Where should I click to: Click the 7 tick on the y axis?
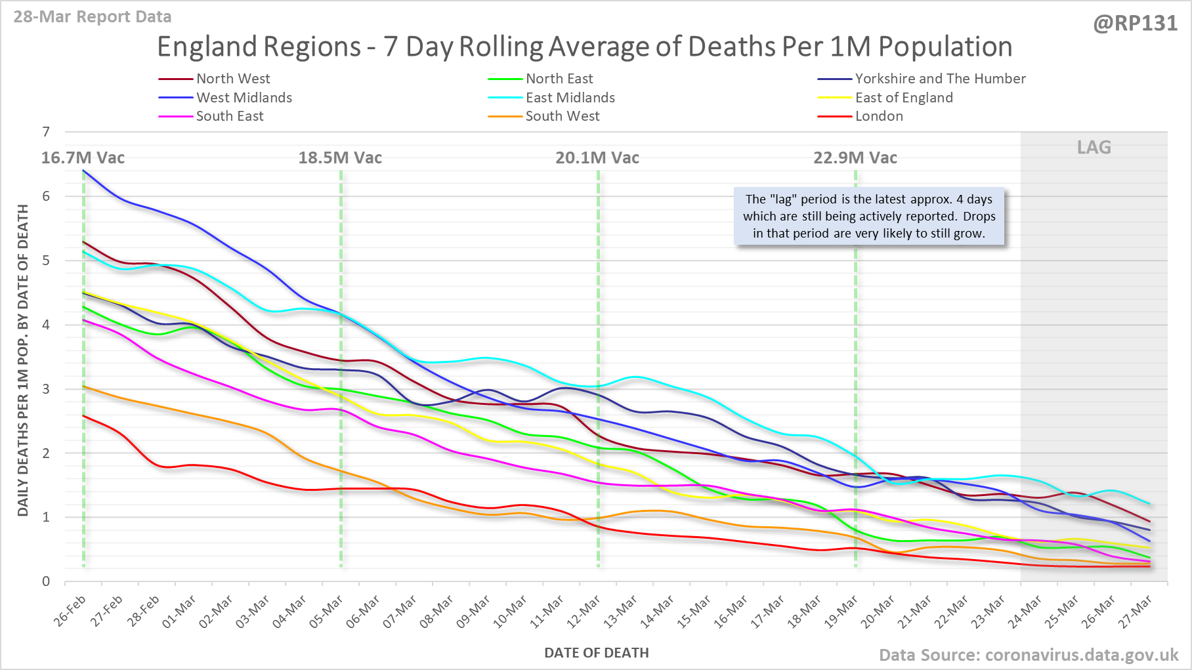tap(46, 132)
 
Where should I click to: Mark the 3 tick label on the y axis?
tap(46, 389)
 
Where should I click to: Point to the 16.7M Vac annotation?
tap(83, 158)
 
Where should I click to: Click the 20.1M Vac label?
tap(597, 158)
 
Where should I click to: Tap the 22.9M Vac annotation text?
tap(855, 158)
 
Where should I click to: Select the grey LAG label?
tap(1094, 148)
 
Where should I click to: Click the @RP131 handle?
tap(1135, 24)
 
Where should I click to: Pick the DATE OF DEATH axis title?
tap(596, 653)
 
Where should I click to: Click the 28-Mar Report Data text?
tap(93, 17)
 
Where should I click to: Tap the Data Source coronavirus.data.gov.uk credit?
tap(1029, 655)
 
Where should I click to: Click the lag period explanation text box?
tap(869, 217)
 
